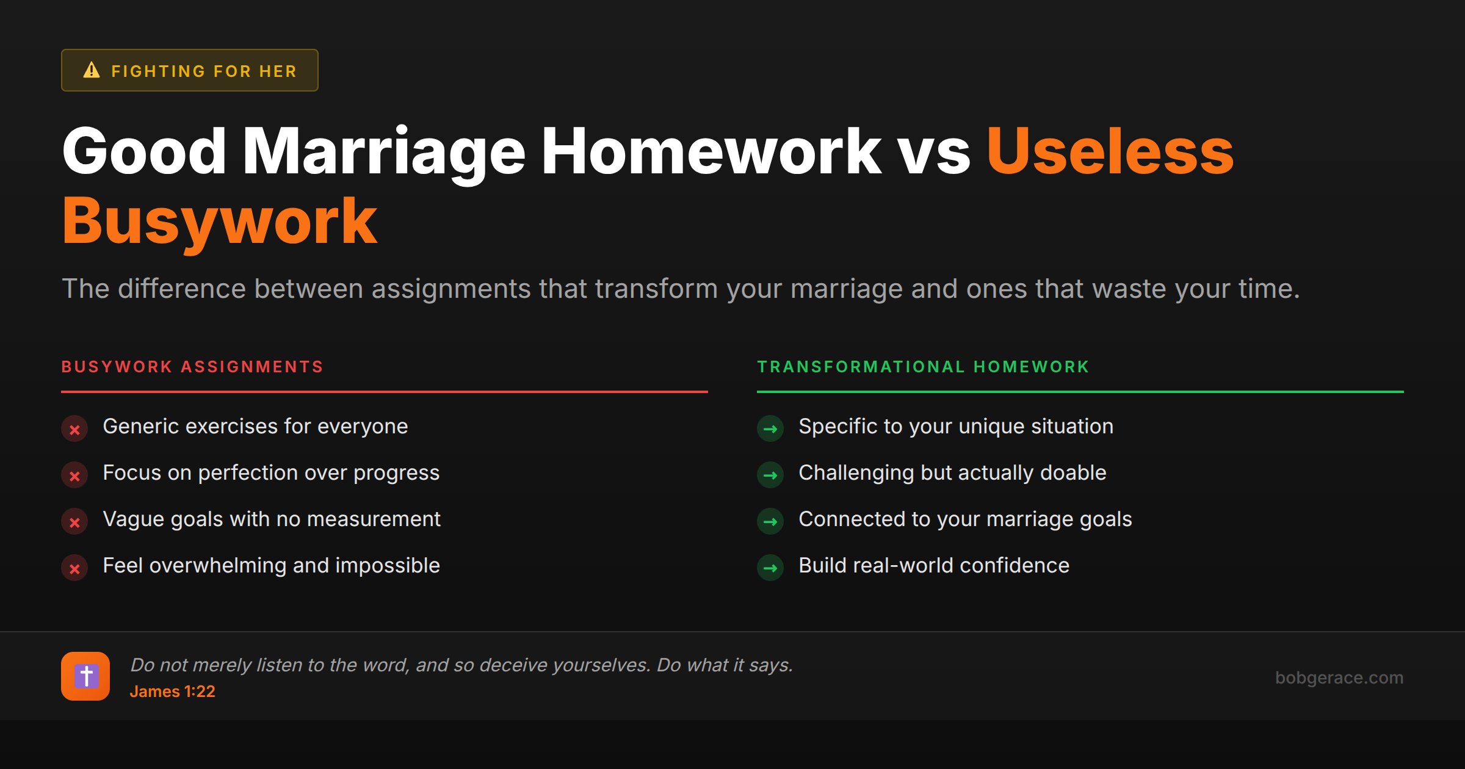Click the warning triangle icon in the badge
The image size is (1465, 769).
pos(92,70)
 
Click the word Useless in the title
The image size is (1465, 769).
pos(1110,151)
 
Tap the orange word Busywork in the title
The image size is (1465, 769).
pos(220,221)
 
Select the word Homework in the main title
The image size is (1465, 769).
pos(711,151)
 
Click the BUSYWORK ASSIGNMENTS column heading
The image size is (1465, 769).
pos(192,367)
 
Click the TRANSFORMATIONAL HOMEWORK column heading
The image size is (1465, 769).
pos(923,367)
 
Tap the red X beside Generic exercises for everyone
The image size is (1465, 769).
pos(74,429)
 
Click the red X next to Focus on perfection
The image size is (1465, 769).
pos(74,475)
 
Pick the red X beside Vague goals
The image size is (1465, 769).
pos(74,522)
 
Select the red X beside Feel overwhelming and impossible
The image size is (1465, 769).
pos(74,568)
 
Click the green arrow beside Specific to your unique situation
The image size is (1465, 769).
pos(770,429)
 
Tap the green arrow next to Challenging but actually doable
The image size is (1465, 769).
pos(770,475)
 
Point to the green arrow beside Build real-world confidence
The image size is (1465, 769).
pos(770,568)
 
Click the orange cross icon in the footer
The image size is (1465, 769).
pos(85,676)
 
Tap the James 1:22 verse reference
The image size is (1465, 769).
pos(172,691)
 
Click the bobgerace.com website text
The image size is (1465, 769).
pos(1339,677)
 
